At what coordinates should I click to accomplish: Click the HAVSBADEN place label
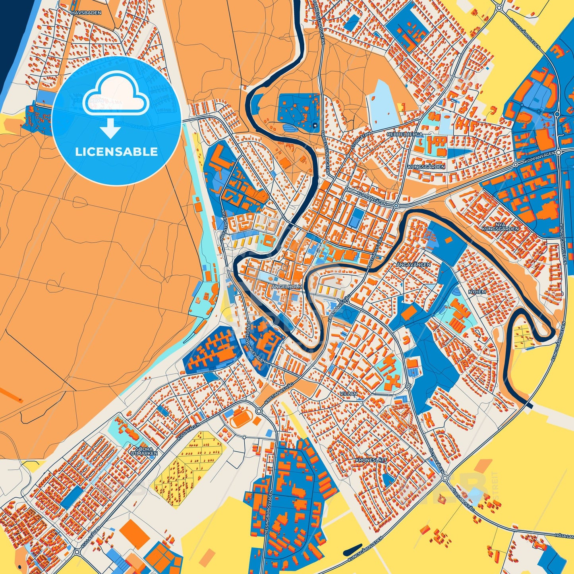point(86,13)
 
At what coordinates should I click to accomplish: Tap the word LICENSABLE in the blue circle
point(116,152)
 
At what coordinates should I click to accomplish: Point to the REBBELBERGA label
point(405,135)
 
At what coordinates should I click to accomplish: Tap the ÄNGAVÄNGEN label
point(413,264)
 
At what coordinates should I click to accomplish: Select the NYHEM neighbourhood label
point(477,292)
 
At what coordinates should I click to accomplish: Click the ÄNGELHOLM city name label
point(287,286)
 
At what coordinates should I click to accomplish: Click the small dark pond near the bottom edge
point(352,550)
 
